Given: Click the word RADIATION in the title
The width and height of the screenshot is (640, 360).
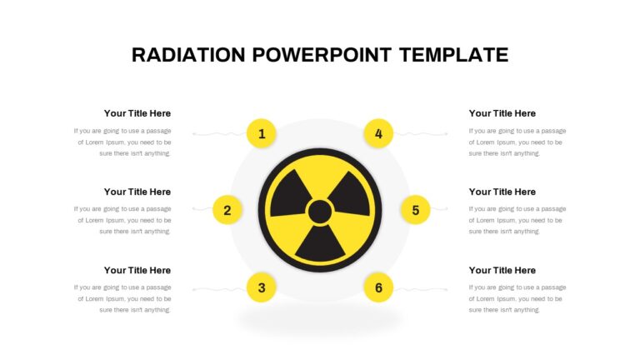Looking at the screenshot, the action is [x=188, y=55].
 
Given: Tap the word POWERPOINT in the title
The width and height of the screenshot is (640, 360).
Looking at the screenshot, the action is [x=322, y=55].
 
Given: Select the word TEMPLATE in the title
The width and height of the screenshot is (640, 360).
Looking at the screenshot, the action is [x=454, y=55].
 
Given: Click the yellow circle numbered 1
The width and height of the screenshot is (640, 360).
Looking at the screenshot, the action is [x=262, y=133].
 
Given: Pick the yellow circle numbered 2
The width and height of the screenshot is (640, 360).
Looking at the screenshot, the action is [x=227, y=210].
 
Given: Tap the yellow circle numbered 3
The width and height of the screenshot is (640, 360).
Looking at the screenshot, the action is [x=262, y=287].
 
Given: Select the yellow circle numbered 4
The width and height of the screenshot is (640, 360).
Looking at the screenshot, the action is [x=378, y=133].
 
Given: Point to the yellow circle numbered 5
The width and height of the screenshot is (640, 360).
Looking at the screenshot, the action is [x=416, y=210].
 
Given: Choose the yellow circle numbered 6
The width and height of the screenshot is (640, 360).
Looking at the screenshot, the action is [x=378, y=287].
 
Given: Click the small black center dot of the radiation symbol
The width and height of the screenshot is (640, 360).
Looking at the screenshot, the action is [x=320, y=212].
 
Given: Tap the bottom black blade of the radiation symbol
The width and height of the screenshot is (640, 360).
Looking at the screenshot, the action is [x=320, y=245].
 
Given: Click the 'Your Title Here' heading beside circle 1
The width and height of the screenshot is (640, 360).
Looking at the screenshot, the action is [x=137, y=113].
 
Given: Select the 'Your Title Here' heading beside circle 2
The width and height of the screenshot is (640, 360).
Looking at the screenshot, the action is [x=137, y=192].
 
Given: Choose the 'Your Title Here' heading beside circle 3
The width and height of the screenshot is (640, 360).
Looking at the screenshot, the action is [x=137, y=270].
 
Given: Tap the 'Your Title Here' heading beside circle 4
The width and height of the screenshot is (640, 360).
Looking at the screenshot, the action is [x=502, y=113].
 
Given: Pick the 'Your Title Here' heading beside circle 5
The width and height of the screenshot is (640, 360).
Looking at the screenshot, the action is [x=502, y=192].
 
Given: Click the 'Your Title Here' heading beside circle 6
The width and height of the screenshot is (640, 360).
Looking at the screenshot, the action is [x=502, y=270].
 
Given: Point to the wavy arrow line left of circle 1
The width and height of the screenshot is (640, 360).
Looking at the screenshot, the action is [x=220, y=134].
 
